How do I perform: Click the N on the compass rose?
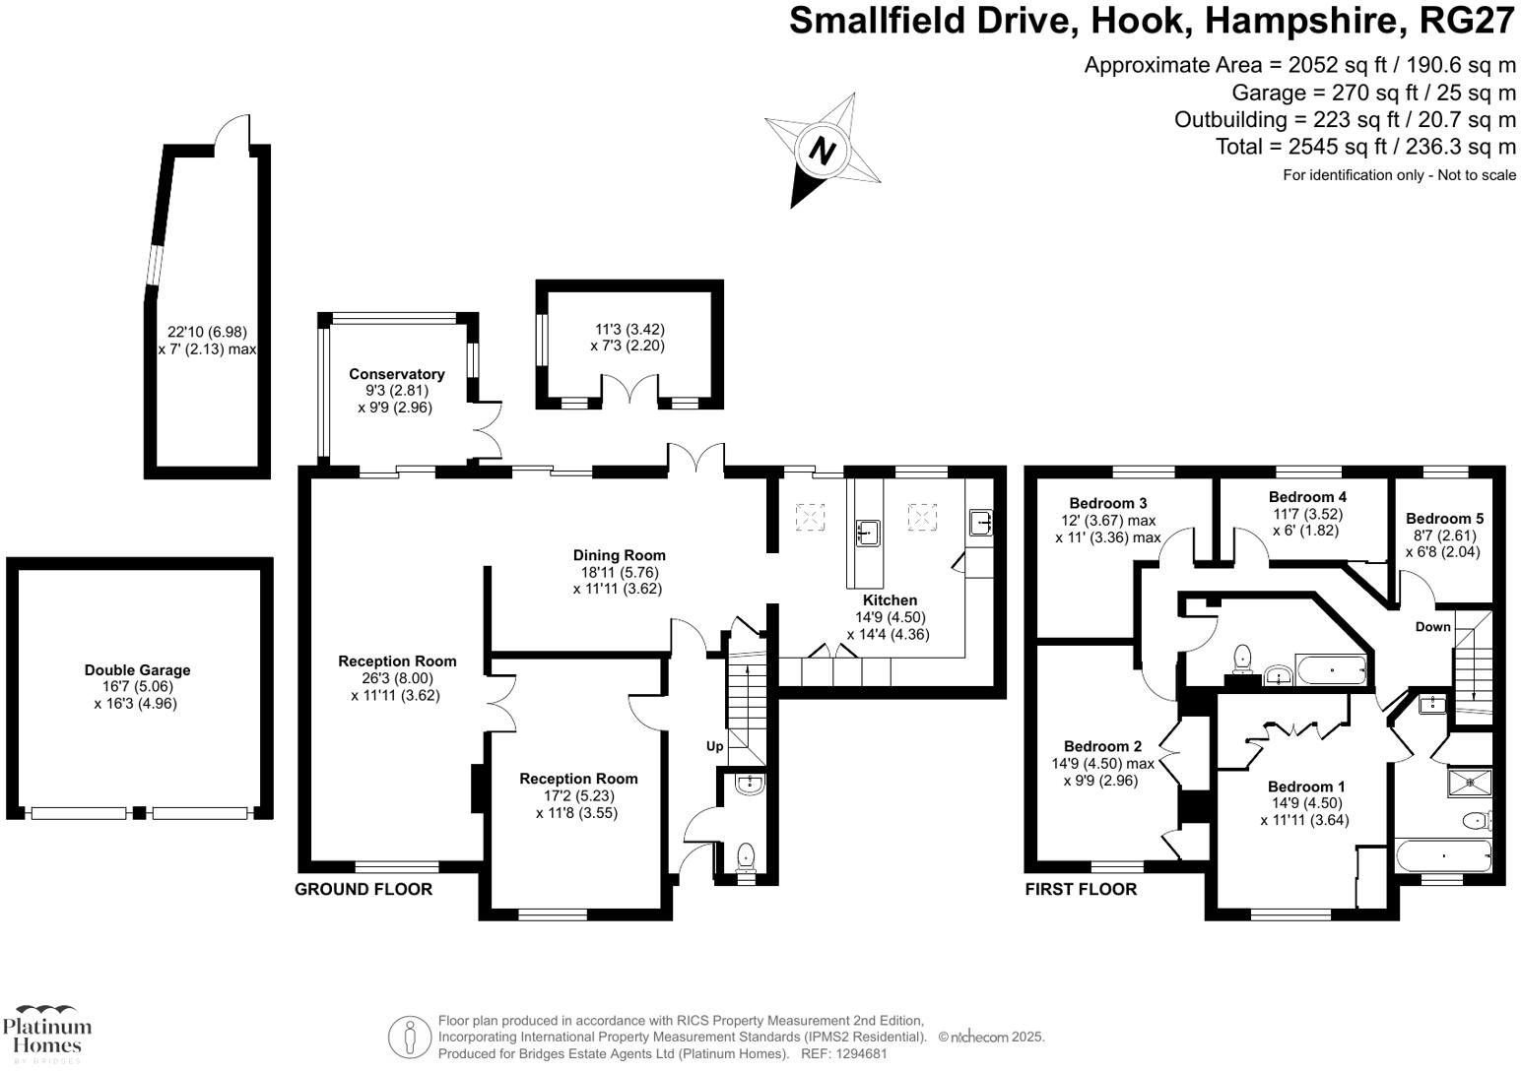click(822, 151)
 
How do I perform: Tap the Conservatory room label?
click(396, 374)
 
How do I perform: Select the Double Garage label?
click(137, 670)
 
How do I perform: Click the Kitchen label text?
click(890, 600)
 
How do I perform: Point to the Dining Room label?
click(619, 555)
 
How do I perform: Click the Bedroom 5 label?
click(1444, 519)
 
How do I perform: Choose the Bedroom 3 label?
click(1107, 503)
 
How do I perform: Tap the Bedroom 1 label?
click(1305, 787)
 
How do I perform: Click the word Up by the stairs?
click(714, 746)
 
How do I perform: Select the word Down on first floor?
click(1432, 627)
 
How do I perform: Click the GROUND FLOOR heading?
click(364, 890)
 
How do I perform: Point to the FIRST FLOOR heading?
click(1081, 890)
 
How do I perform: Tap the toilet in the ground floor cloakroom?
click(746, 854)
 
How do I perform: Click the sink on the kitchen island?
click(868, 533)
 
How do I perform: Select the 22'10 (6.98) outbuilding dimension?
click(207, 333)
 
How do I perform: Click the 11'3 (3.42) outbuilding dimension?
click(629, 330)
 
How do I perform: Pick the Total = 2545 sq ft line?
click(1365, 147)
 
